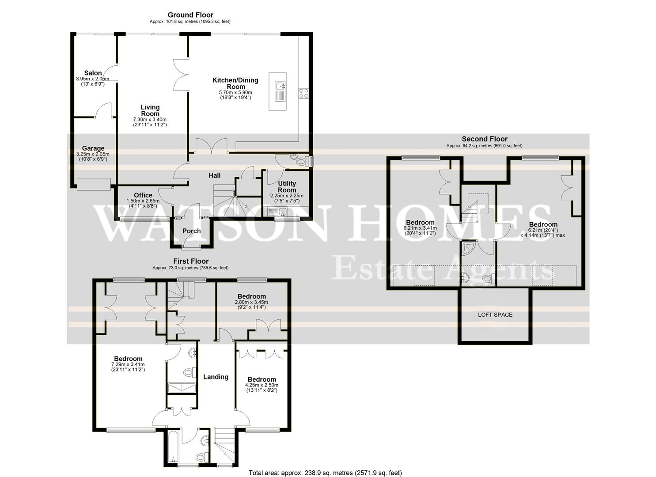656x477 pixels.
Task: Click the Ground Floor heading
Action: (x=190, y=15)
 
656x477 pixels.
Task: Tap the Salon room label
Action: (x=93, y=73)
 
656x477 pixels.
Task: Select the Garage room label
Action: (x=93, y=148)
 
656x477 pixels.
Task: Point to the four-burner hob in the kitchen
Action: (x=303, y=93)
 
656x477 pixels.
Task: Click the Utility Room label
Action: (x=287, y=186)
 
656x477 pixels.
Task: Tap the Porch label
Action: (x=192, y=231)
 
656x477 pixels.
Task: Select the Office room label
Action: (x=143, y=195)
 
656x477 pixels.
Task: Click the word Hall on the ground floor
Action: (x=214, y=176)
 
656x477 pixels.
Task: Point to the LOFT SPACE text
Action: (x=495, y=315)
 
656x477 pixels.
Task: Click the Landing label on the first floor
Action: (x=216, y=377)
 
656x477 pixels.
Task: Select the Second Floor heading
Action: (x=485, y=139)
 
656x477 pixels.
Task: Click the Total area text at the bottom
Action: (x=325, y=473)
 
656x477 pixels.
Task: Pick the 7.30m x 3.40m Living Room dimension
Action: (x=150, y=119)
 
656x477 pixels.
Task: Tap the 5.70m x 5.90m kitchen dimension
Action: (x=235, y=93)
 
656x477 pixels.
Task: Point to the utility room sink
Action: (x=278, y=211)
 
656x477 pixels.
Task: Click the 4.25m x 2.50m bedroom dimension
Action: (x=262, y=385)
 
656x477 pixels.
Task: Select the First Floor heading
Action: (x=191, y=261)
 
